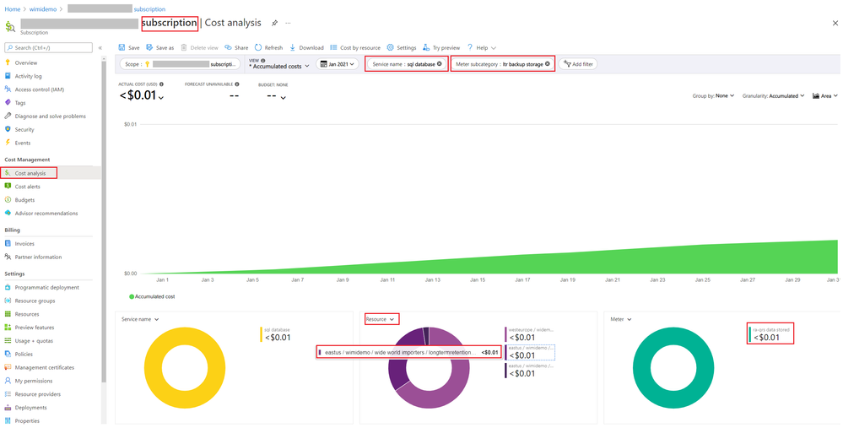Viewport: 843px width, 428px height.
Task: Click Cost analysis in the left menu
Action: tap(30, 173)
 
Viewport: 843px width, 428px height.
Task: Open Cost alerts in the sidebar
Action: tap(27, 187)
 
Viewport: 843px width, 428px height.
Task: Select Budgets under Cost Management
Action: tap(24, 200)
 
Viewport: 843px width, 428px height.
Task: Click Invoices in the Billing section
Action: tap(24, 243)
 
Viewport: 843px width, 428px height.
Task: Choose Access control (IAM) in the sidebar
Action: tap(39, 89)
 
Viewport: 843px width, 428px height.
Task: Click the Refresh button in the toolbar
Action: tap(269, 48)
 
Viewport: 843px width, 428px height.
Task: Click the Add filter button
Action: tap(578, 64)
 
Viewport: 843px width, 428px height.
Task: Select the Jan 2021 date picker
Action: tap(338, 64)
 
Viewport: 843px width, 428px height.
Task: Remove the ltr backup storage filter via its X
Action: tap(548, 64)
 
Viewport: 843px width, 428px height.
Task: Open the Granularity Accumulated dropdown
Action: tap(773, 96)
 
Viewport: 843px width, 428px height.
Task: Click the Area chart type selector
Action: tap(824, 96)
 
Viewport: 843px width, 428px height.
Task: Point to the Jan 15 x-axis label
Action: tap(478, 279)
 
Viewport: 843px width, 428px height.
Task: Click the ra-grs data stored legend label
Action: tap(770, 330)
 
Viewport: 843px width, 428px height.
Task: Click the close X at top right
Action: tap(835, 24)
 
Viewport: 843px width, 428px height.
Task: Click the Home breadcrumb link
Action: tap(12, 8)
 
